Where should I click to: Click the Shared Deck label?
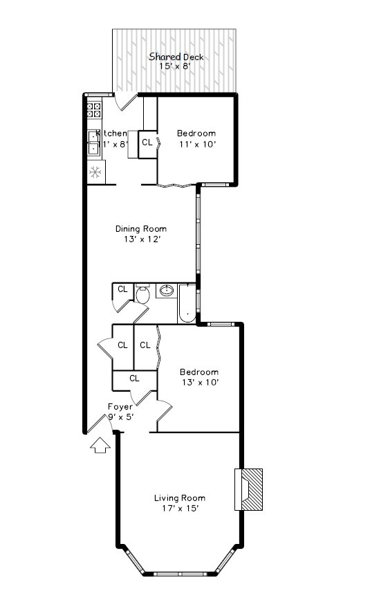(176, 57)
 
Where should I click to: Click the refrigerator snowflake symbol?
(95, 172)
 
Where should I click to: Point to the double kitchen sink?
(93, 142)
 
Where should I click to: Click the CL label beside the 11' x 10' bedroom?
(147, 143)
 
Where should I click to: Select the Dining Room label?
(140, 229)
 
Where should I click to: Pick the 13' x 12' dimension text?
(140, 239)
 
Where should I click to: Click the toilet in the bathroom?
(142, 295)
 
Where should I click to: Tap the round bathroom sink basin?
(167, 291)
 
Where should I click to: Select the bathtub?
(187, 304)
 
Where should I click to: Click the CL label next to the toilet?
(122, 289)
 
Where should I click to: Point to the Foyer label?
(120, 407)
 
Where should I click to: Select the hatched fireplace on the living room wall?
(250, 489)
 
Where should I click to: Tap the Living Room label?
(179, 498)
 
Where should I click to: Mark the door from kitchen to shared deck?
(126, 102)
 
